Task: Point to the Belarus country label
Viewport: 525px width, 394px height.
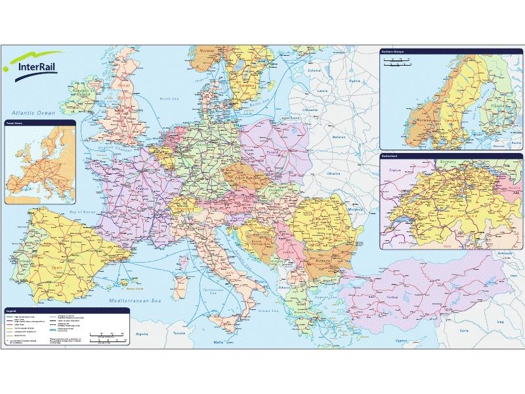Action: click(339, 137)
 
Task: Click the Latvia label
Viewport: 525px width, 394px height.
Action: click(322, 90)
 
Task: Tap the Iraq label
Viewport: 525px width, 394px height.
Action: click(499, 322)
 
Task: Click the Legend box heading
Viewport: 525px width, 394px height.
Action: click(11, 309)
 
